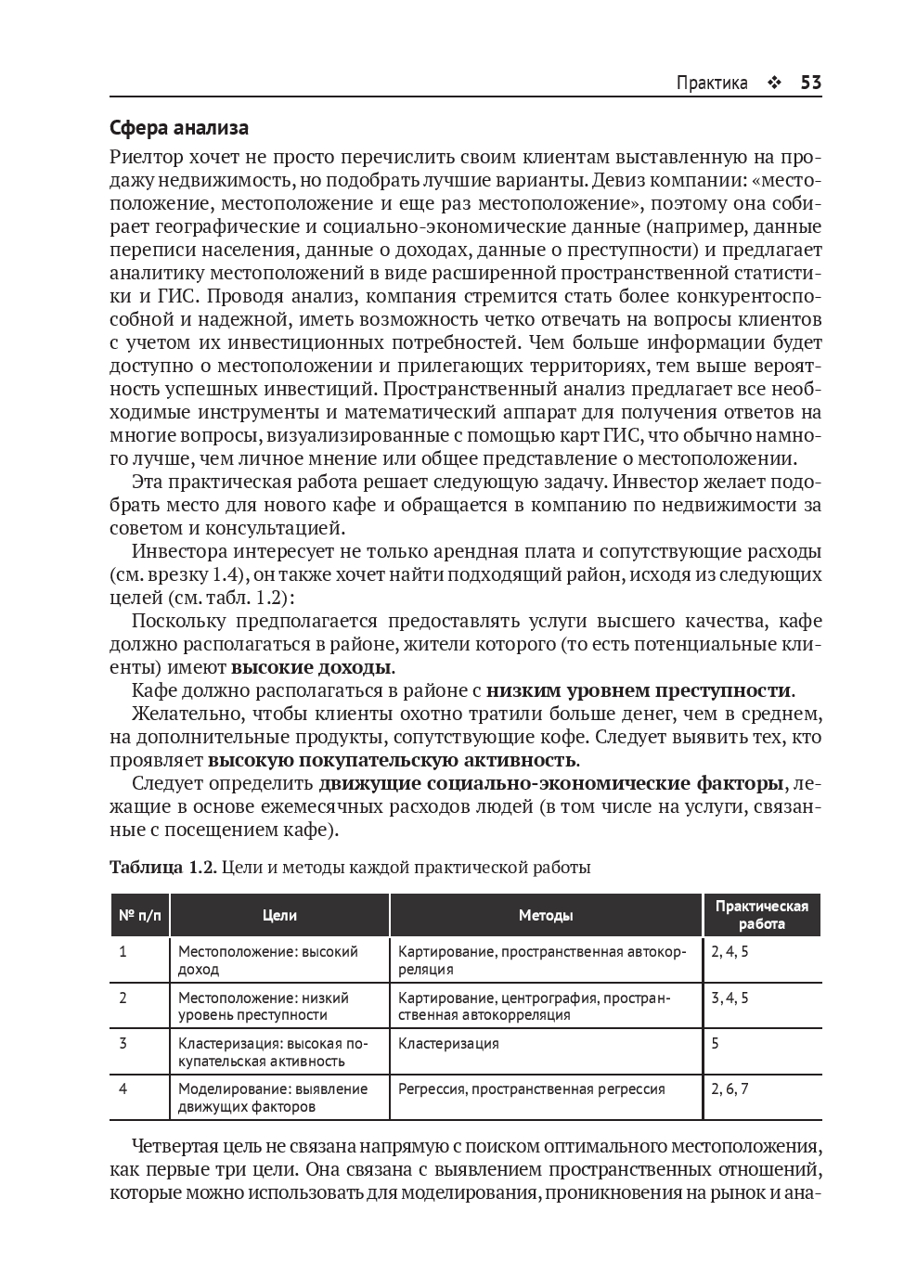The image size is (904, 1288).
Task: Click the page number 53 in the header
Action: [810, 83]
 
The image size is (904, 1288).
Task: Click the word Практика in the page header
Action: [712, 83]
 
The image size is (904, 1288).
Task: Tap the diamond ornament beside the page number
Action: [773, 84]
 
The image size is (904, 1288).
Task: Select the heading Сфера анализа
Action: [179, 127]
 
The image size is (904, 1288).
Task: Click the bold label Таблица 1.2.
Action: [162, 868]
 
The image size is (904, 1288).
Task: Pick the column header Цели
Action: [279, 915]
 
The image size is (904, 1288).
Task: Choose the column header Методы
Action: [545, 915]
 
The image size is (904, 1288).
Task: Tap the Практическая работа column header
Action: [761, 915]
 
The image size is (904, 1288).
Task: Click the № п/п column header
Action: [140, 915]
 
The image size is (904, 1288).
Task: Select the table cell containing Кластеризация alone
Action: [448, 1043]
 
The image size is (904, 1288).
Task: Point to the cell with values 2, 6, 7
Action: [730, 1088]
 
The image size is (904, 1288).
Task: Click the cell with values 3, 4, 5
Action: [730, 998]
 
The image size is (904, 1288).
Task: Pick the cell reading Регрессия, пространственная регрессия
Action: [531, 1088]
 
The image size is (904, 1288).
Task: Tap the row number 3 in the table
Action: [123, 1043]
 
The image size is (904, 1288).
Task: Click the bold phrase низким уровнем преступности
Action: [639, 690]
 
